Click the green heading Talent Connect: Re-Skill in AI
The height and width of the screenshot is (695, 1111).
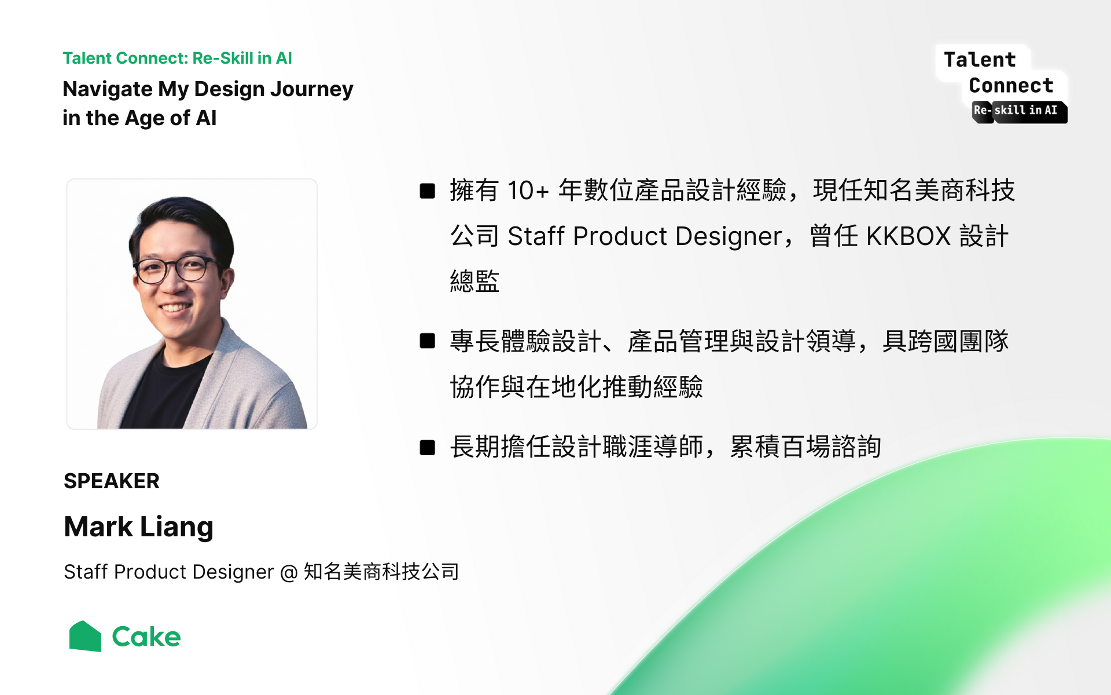(177, 58)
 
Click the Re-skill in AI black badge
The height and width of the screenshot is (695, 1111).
(1020, 111)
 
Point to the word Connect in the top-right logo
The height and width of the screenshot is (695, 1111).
(1011, 85)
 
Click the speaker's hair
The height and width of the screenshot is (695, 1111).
(181, 223)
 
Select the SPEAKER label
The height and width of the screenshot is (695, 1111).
(112, 481)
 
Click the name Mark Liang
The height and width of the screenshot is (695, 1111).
(139, 527)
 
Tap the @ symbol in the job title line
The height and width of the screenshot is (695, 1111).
(289, 573)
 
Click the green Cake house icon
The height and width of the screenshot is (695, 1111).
(86, 636)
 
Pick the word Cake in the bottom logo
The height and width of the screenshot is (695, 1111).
(146, 637)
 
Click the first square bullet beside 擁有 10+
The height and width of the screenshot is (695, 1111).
(428, 191)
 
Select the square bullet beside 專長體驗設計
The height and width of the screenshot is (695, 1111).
(428, 341)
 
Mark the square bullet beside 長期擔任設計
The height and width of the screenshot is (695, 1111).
(428, 448)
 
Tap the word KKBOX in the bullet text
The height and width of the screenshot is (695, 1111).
(908, 236)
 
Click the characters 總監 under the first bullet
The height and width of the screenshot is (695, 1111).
(474, 281)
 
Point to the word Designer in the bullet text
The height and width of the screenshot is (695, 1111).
(729, 237)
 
